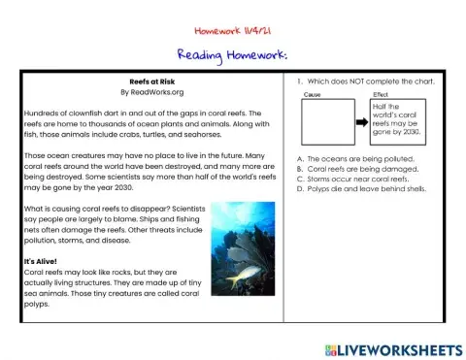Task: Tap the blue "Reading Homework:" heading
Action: coord(233,55)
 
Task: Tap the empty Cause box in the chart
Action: coord(328,124)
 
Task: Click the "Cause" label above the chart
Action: coord(313,94)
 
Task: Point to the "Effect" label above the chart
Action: coord(380,94)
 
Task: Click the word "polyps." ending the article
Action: coord(36,303)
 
